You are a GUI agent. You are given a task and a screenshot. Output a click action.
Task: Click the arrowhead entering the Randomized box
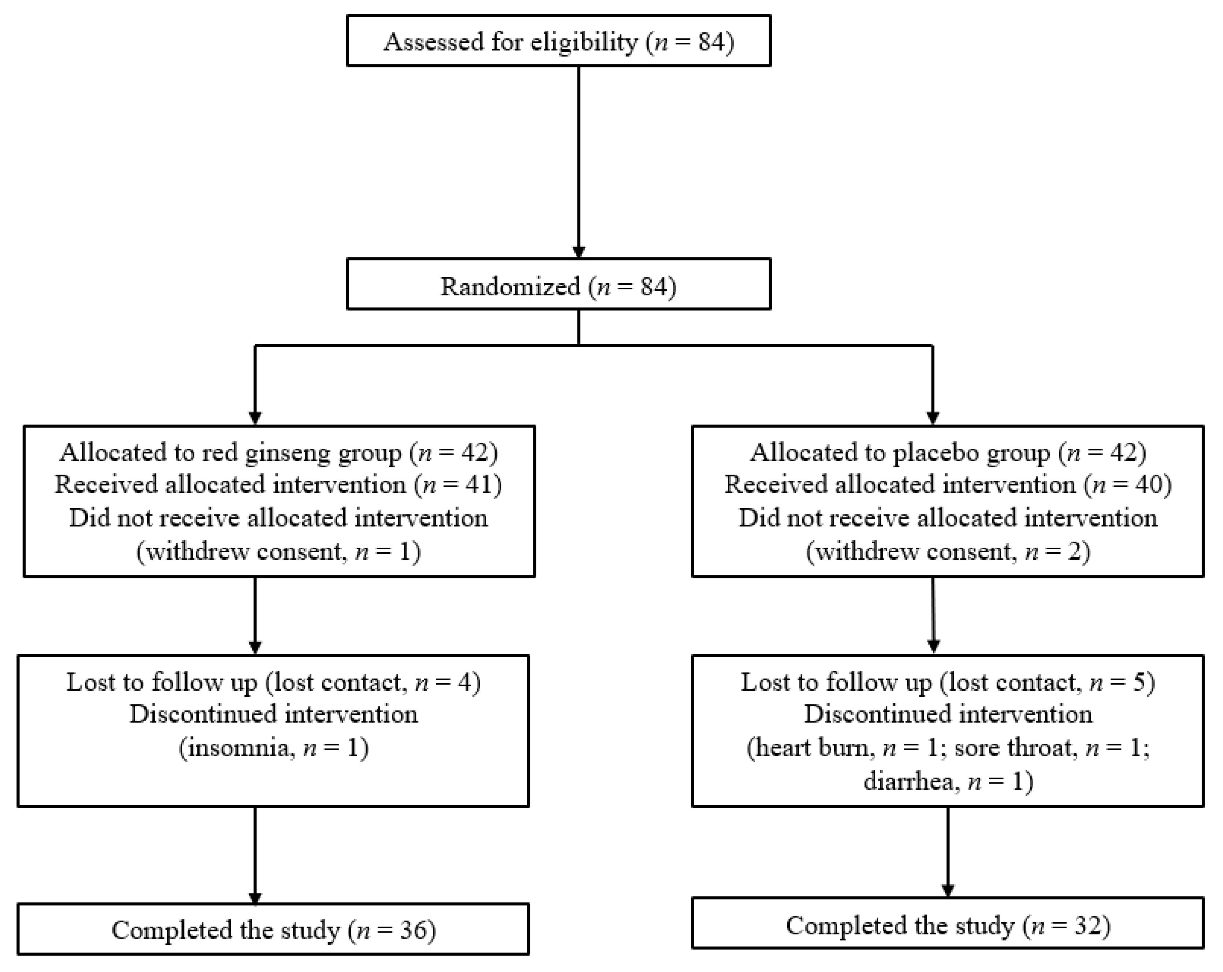578,251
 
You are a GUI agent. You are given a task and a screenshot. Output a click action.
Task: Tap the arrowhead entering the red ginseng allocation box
255,417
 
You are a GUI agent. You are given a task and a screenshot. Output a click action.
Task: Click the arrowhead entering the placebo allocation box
932,417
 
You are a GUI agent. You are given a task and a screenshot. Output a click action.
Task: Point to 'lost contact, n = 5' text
1047,682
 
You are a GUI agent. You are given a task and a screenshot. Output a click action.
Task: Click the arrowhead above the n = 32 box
948,890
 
